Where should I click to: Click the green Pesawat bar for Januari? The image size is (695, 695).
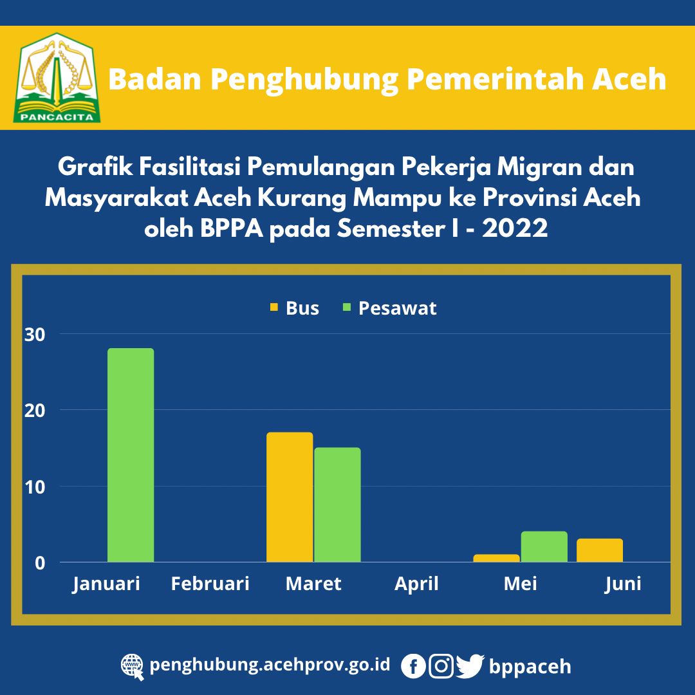131,455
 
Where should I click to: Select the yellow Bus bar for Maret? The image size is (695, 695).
290,497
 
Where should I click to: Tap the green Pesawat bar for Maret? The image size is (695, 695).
337,505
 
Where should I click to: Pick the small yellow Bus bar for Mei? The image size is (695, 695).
496,558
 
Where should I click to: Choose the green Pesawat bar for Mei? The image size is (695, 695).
544,546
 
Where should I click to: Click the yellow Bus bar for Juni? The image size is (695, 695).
600,550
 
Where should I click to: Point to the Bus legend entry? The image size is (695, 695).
294,308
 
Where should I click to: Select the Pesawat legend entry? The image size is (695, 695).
390,308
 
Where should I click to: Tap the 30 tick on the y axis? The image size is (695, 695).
35,335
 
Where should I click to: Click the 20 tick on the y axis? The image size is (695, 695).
35,411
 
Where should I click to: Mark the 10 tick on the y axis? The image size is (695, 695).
35,488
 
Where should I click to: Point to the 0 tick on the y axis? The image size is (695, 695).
40,563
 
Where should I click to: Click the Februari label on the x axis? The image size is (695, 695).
210,584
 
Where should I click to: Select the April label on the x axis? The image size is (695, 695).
416,584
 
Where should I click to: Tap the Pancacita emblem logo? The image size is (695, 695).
57,78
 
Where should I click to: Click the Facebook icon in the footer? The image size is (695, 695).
413,666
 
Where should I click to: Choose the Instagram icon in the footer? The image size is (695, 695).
441,666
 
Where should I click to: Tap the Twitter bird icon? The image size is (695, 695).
470,666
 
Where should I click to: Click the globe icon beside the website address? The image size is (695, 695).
133,667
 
